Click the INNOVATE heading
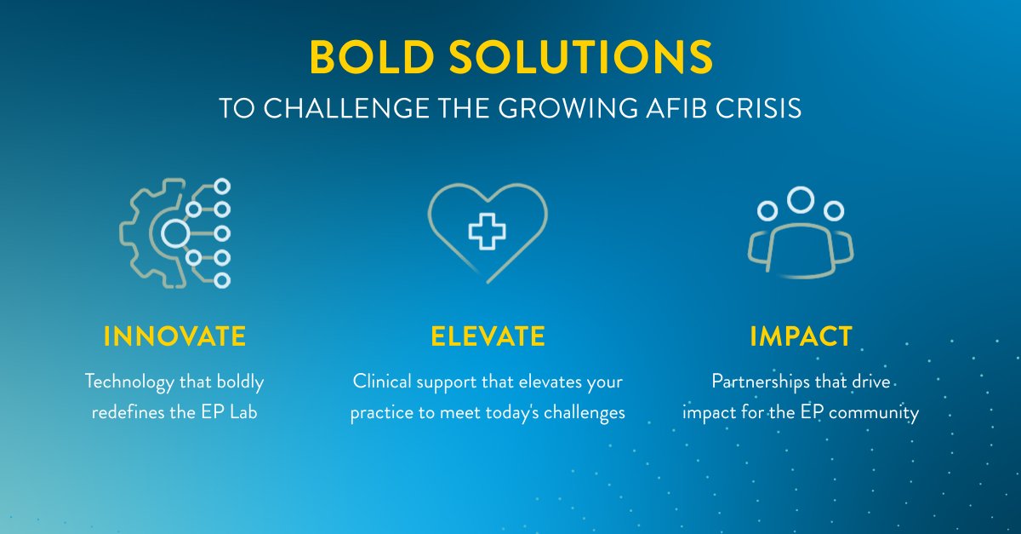pos(174,336)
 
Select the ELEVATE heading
pos(488,336)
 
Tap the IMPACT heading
pos(801,336)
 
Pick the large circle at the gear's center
pos(175,233)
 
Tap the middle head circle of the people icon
pos(801,201)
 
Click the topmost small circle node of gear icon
pos(222,186)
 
